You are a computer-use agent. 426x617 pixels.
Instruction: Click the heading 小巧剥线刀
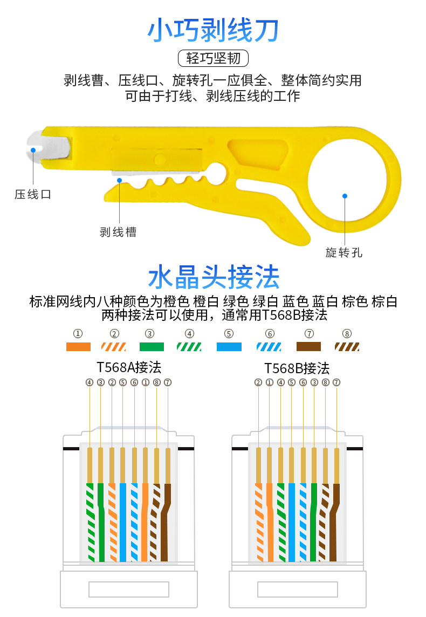[x=213, y=30]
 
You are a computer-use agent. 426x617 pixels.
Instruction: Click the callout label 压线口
[x=33, y=194]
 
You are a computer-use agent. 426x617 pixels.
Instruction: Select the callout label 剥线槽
[x=118, y=232]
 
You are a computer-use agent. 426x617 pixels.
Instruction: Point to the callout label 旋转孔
[x=344, y=252]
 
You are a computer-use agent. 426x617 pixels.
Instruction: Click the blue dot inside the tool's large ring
[x=345, y=196]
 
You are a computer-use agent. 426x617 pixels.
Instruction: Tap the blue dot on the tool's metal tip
[x=33, y=149]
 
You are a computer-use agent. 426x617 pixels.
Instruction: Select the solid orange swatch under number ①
[x=78, y=347]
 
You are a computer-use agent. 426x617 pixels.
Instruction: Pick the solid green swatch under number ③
[x=152, y=347]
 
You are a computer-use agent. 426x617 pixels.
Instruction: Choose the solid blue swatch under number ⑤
[x=229, y=347]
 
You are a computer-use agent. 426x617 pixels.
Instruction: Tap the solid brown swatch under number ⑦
[x=308, y=347]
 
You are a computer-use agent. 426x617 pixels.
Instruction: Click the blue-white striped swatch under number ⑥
[x=269, y=347]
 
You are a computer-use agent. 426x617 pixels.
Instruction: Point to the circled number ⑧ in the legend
[x=347, y=333]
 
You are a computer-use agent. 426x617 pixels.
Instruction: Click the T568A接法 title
[x=129, y=368]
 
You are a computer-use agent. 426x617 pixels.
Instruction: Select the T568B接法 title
[x=297, y=368]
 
